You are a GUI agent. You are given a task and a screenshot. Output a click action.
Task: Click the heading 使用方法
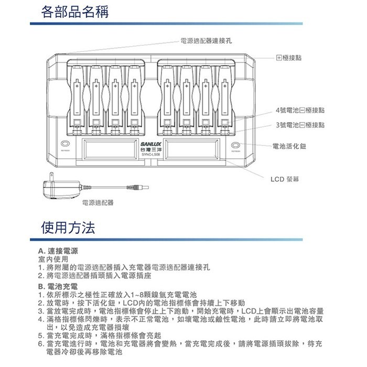pos(69,228)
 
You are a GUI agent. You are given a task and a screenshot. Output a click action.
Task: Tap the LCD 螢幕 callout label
pos(285,179)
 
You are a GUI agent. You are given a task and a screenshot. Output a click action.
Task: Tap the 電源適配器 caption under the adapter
pos(98,202)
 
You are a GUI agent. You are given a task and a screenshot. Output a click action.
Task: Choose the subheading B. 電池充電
pos(58,287)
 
